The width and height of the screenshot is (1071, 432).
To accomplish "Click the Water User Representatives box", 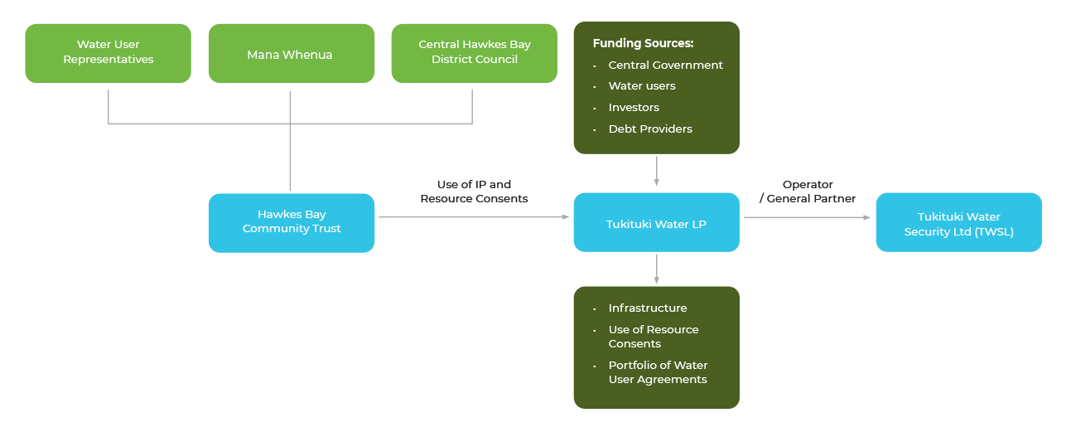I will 108,52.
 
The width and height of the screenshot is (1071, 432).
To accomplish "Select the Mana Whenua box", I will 290,54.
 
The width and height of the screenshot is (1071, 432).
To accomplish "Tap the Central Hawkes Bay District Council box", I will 474,52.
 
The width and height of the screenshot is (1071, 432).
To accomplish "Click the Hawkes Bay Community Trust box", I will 292,222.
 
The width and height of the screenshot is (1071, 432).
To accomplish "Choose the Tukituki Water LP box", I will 656,222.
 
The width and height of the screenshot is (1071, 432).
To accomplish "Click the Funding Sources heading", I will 643,43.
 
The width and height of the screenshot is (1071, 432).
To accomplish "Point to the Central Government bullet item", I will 665,65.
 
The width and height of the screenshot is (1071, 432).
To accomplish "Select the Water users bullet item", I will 641,86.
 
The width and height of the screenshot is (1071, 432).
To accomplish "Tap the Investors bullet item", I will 634,108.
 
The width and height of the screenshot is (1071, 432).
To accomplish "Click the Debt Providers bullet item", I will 649,129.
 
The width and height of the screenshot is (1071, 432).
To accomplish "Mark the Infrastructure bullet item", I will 647,308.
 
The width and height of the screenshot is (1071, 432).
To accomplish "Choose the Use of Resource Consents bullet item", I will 653,337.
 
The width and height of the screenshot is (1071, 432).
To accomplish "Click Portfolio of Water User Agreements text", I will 658,372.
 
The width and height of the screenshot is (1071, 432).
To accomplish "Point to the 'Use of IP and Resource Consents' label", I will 474,192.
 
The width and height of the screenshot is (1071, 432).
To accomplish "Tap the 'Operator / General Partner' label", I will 807,192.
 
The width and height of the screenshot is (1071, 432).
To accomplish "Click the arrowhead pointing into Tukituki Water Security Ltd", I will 867,217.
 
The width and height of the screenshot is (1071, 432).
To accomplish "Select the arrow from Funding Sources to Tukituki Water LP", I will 656,172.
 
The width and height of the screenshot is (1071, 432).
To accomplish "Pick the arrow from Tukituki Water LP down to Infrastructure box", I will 656,269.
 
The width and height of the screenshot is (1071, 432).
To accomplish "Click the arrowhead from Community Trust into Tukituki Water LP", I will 566,217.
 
